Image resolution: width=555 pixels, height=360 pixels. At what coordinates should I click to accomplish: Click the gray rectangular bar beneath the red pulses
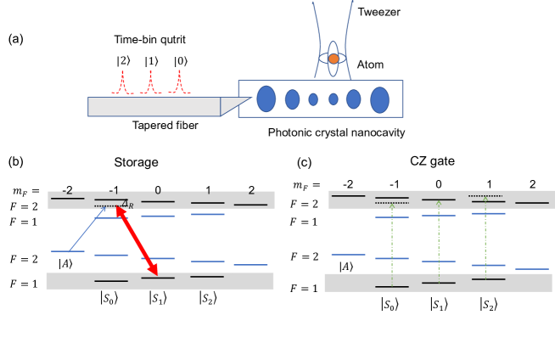(154, 106)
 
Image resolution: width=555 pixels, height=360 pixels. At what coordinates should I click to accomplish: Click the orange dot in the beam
(334, 59)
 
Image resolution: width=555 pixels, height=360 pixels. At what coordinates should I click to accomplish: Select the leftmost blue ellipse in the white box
(266, 98)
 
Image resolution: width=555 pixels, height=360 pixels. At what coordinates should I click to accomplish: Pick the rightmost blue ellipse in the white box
(379, 99)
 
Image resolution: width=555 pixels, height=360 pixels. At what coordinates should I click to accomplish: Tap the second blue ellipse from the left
(292, 99)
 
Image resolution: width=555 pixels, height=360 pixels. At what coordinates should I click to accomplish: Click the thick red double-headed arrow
(137, 241)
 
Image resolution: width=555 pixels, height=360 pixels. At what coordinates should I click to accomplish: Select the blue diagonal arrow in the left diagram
(87, 230)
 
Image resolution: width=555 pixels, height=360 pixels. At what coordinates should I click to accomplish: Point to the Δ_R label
(127, 205)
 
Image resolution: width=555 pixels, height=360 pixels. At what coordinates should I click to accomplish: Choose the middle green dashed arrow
(439, 239)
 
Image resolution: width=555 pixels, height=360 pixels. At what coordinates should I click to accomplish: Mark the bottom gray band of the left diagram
(160, 281)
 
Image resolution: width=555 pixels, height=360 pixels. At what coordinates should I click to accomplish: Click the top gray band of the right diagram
(441, 199)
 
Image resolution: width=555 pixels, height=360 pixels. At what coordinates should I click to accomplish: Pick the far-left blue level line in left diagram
(67, 251)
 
